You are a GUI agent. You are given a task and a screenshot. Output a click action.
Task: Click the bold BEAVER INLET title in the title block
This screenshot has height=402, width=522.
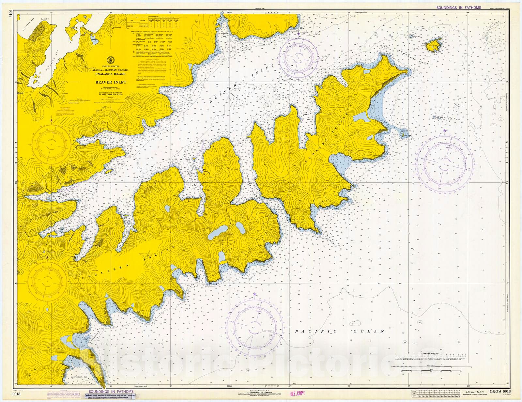pyautogui.click(x=111, y=82)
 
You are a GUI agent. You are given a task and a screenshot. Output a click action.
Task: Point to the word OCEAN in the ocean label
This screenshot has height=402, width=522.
pyautogui.click(x=369, y=331)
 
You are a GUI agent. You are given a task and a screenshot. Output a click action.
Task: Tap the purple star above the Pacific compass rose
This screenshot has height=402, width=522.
pyautogui.click(x=254, y=294)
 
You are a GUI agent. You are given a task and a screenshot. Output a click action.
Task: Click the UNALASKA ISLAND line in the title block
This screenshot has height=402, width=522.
pyautogui.click(x=111, y=74)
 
